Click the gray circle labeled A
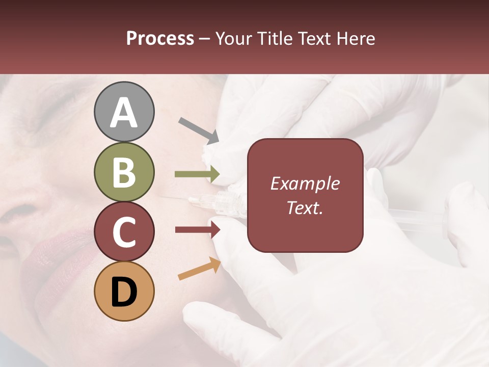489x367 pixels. tap(124, 112)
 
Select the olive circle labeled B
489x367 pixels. tap(124, 172)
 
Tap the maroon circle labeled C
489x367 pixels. tap(124, 232)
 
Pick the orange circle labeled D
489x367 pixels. tap(124, 291)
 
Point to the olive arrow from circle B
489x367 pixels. tap(197, 174)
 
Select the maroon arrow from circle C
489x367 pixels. tap(198, 230)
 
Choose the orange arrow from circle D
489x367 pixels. tap(199, 269)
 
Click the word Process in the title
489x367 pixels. tap(160, 39)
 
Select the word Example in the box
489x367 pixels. tap(305, 183)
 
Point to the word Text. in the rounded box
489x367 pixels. tap(305, 207)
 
